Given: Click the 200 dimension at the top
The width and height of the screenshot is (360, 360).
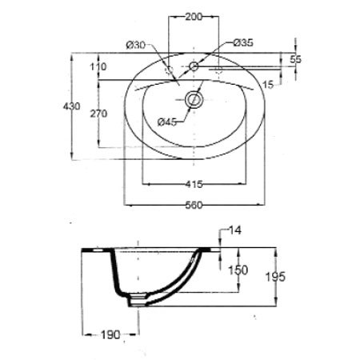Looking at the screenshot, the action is tap(194, 17).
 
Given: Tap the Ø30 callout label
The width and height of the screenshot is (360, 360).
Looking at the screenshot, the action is tap(136, 46).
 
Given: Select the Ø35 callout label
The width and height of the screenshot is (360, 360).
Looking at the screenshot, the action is tap(243, 42).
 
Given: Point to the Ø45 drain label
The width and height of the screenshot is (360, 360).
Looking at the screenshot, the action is tap(167, 122).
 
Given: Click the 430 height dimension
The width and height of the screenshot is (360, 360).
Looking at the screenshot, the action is tap(71, 106).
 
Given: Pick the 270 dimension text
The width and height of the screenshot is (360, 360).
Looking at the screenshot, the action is tap(98, 114).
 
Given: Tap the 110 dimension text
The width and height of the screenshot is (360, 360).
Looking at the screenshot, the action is tap(98, 66).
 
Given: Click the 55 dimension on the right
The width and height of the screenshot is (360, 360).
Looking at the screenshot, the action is tap(296, 59).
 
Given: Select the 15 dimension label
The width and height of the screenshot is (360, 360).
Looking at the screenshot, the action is tap(268, 85).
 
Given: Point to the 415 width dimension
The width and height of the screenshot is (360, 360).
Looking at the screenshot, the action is tap(194, 184).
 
